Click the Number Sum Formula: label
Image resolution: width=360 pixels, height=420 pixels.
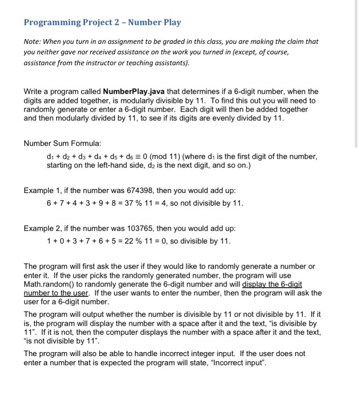coord(62,143)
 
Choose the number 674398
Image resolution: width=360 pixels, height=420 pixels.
coord(141,190)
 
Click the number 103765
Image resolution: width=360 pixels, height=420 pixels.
coord(141,228)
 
